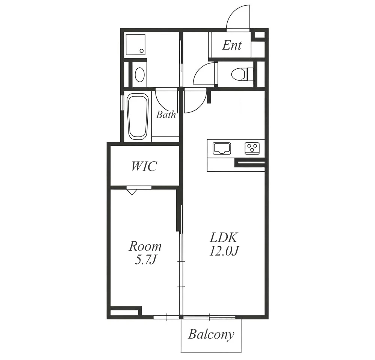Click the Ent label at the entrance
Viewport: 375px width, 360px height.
232,45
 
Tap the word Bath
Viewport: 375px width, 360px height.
166,115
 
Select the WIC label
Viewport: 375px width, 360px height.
144,166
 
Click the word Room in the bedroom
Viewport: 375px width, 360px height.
145,247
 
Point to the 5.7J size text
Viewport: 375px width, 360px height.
146,260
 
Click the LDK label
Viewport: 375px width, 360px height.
224,237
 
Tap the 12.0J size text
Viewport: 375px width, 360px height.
224,251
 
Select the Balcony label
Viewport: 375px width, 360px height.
211,335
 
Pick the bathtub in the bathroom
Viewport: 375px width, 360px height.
138,116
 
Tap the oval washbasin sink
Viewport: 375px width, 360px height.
140,74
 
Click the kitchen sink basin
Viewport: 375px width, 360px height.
222,148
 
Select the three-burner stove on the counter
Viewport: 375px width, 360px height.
252,148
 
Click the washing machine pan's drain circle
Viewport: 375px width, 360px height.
142,51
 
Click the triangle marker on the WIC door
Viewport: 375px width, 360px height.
132,192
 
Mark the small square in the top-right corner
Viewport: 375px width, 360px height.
260,35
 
